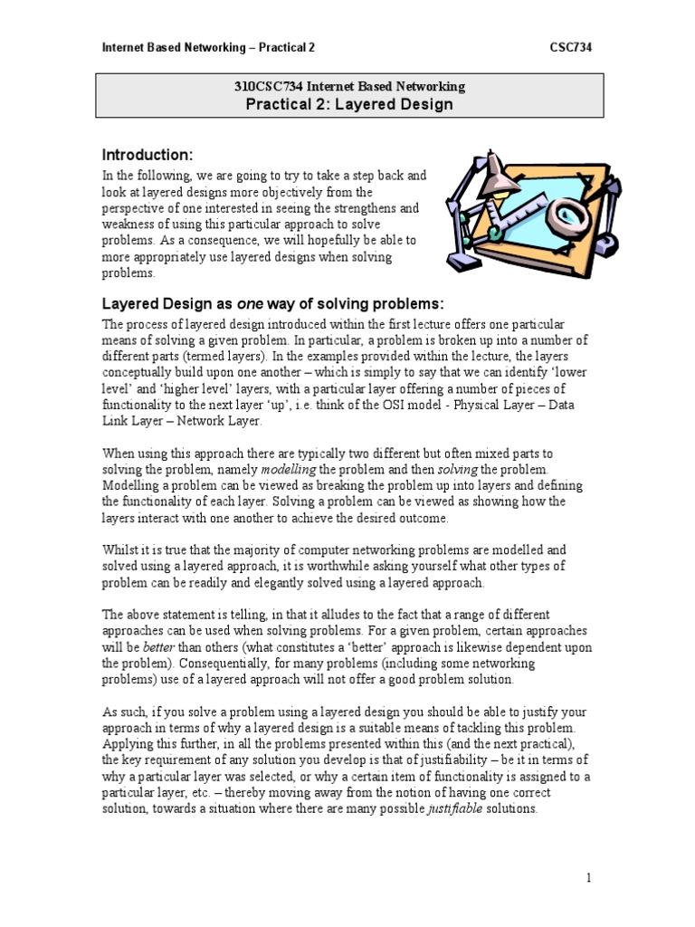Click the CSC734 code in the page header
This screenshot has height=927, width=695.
tap(571, 46)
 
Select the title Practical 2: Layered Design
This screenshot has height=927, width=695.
tap(349, 104)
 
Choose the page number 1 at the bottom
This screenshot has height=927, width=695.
tap(588, 877)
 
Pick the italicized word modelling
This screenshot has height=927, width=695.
tap(288, 469)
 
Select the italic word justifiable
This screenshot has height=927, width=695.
tap(456, 809)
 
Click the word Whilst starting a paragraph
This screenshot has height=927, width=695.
tap(119, 550)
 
